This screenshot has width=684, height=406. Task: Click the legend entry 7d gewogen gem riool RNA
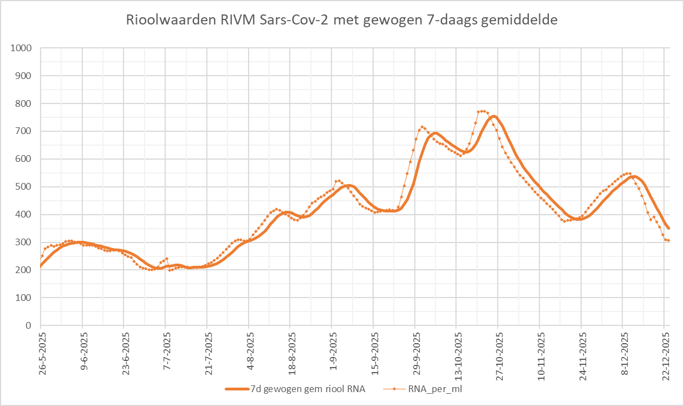304,389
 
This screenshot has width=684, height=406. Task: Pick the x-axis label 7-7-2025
166,350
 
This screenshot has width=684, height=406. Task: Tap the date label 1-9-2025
332,350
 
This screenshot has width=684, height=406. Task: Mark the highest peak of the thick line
493,116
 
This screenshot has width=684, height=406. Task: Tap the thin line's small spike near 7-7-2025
166,259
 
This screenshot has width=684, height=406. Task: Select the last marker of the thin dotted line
668,240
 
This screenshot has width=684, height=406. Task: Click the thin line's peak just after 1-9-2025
338,181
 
